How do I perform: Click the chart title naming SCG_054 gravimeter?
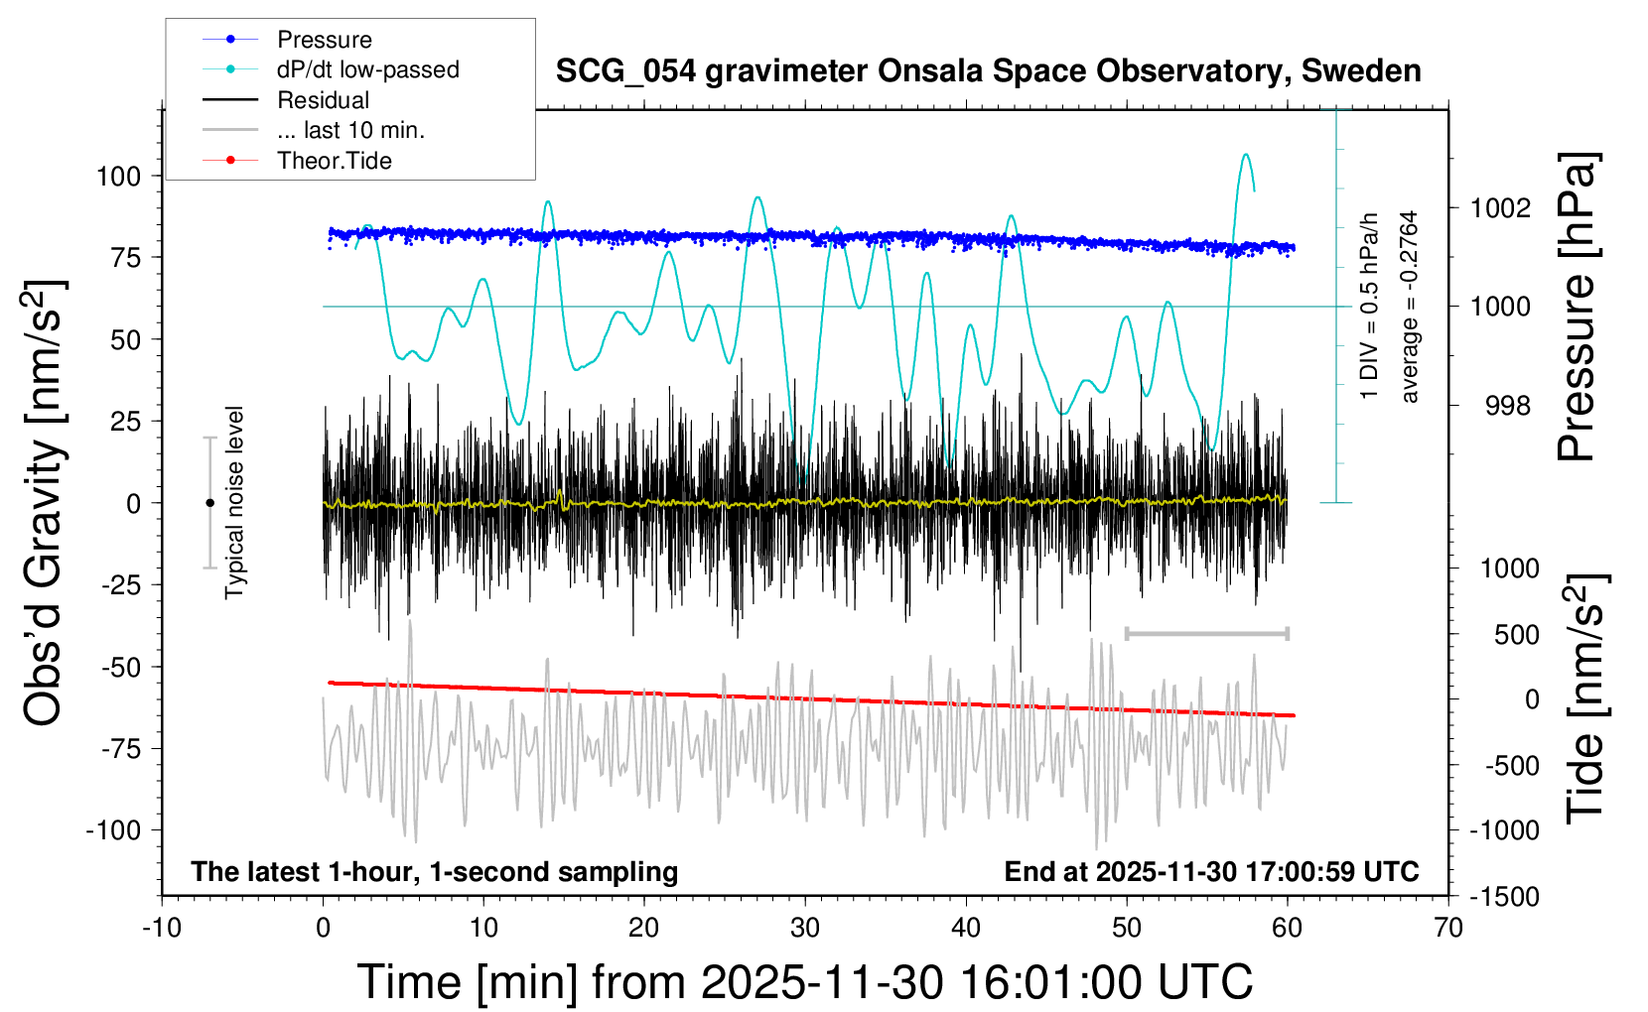(988, 71)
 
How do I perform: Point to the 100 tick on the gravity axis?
(118, 177)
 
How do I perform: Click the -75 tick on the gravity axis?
(122, 749)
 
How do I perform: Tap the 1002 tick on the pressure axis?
(1500, 208)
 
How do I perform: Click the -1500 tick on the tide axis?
(1504, 897)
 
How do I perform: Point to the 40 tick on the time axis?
(966, 929)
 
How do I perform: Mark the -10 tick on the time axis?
(162, 929)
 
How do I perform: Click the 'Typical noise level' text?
(234, 502)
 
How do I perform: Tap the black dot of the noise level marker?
(209, 503)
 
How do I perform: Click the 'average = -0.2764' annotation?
(1409, 307)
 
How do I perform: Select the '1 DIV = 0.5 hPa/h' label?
(1370, 306)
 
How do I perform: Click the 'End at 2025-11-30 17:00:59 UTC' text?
(1211, 872)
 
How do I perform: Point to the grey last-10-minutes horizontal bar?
(1206, 633)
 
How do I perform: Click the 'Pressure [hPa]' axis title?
(1576, 307)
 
